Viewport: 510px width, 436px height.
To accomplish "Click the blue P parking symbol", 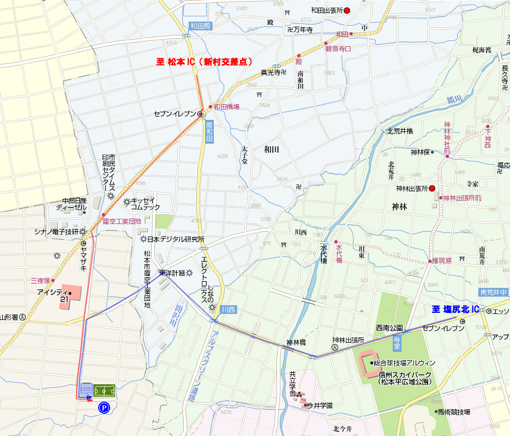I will [103, 407].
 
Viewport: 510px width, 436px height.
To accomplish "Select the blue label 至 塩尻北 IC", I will [455, 310].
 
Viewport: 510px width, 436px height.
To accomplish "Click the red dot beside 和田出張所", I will [346, 10].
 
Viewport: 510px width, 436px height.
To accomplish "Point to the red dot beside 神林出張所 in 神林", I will [432, 189].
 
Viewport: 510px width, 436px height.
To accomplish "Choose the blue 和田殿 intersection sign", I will [200, 26].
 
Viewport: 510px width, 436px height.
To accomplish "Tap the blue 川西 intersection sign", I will [230, 310].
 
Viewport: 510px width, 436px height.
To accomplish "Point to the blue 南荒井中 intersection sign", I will [494, 293].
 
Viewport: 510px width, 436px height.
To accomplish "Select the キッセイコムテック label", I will [146, 204].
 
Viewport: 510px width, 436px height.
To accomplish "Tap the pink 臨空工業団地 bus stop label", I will [122, 221].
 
